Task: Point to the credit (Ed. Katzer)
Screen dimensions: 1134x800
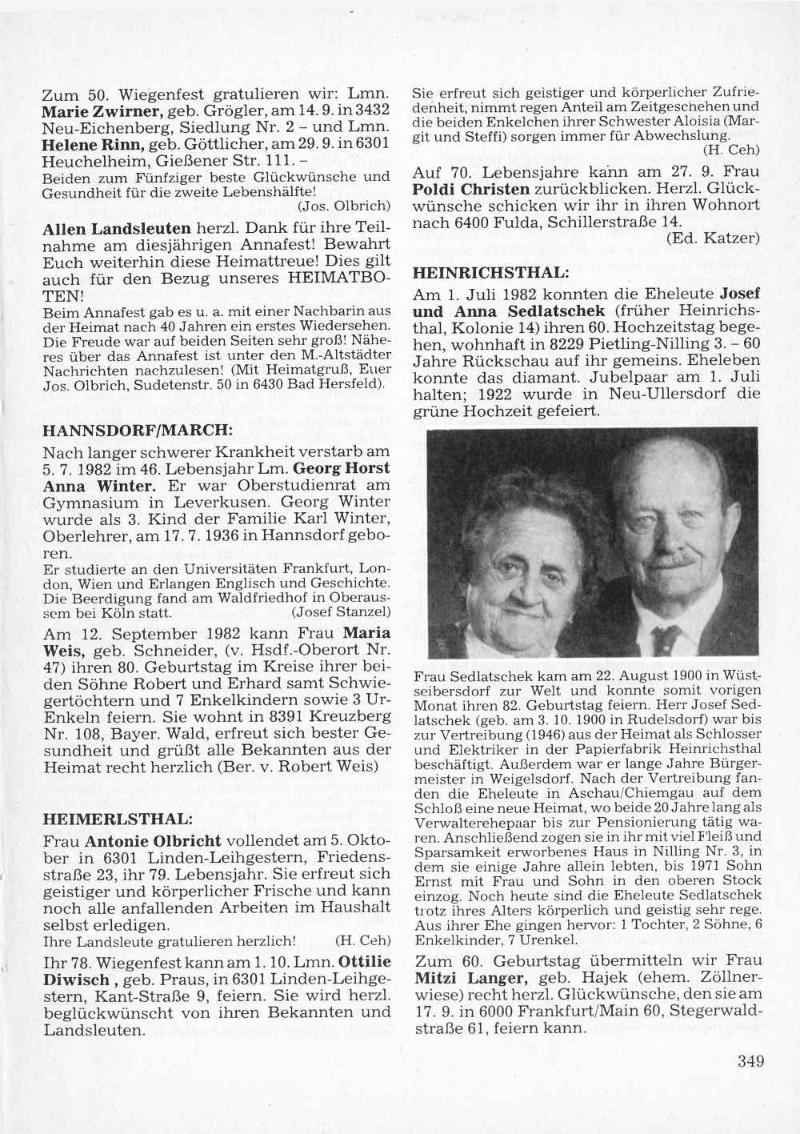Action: tap(711, 237)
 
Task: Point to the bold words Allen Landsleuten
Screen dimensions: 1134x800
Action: tap(115, 229)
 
